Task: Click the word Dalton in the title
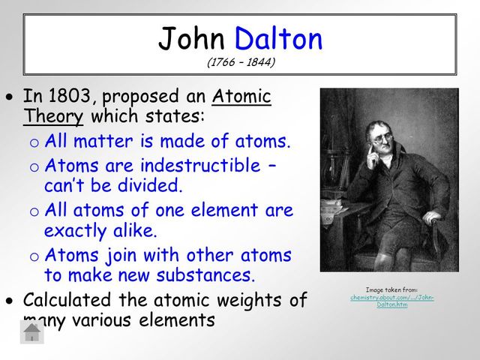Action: coord(278,38)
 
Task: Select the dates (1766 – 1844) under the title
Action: coord(241,62)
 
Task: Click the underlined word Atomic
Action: coord(241,97)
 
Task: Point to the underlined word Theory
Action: coord(54,118)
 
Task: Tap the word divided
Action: coord(148,184)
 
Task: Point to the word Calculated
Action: coord(68,301)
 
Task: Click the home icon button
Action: coord(31,331)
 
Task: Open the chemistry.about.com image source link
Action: coord(391,301)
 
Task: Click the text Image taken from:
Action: coord(391,289)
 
